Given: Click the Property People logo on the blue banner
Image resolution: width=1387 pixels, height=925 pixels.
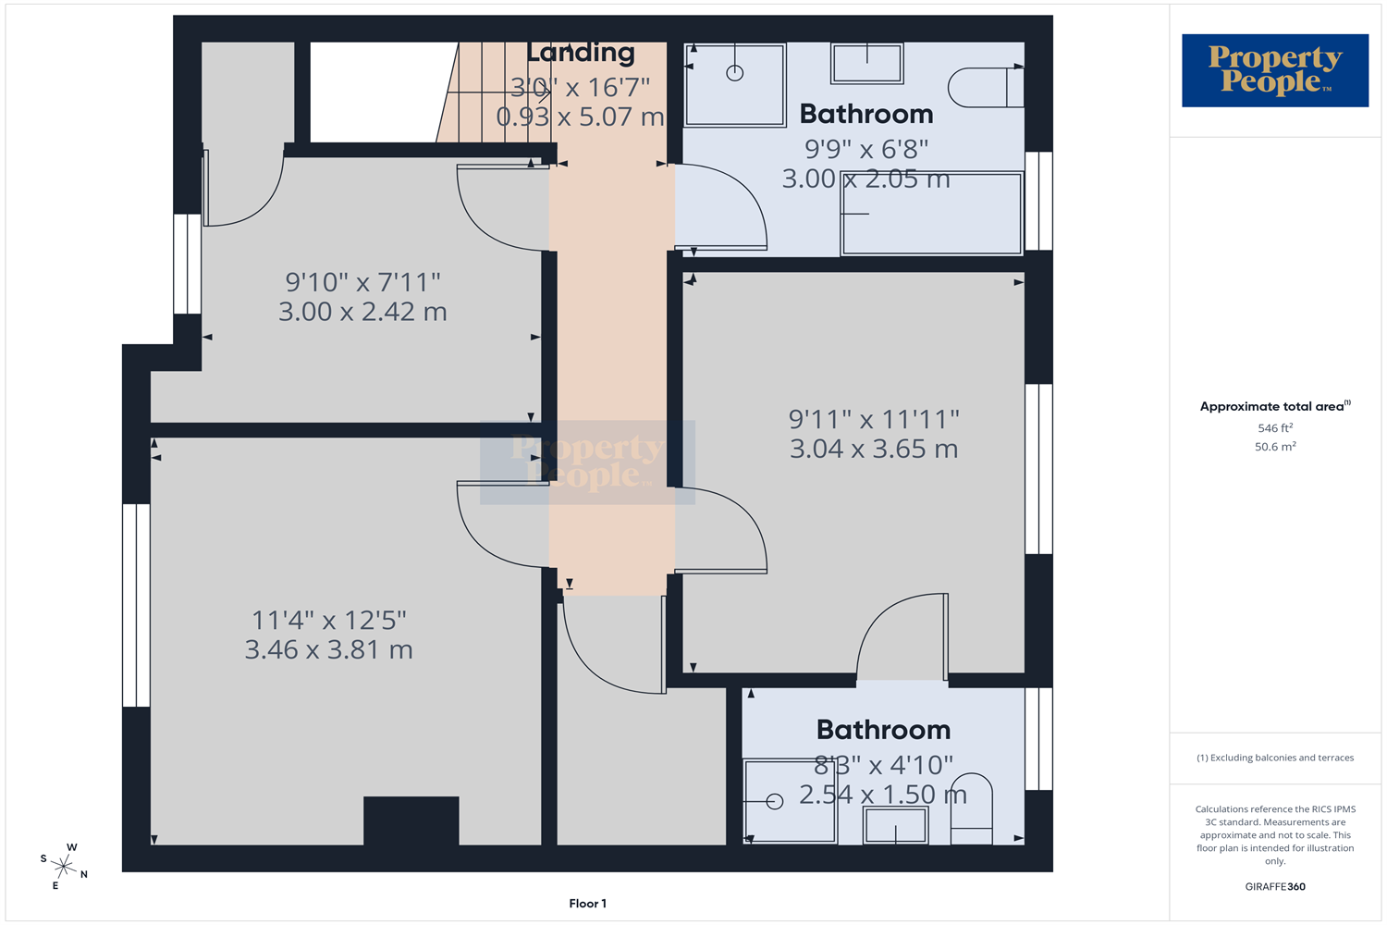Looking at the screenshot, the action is [1275, 70].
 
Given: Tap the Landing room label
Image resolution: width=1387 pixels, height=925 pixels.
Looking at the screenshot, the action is [580, 53].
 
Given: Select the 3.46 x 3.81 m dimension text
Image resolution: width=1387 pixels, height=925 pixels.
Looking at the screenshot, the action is [329, 649].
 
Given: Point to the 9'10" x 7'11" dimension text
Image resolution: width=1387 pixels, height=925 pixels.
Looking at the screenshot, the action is [362, 282].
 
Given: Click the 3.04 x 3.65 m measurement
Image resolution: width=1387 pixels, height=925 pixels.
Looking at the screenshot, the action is [874, 449].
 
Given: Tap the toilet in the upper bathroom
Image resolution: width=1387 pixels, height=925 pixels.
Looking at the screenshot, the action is [986, 87].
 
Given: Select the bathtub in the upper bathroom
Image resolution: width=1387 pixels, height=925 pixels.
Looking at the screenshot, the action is [931, 213].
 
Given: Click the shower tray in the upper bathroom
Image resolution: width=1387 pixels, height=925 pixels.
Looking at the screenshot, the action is [734, 85].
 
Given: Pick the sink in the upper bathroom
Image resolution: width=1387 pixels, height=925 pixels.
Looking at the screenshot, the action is [867, 63].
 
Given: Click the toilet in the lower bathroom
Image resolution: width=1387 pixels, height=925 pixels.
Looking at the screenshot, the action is [972, 808].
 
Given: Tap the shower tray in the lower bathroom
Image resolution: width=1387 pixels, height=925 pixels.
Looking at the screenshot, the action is [790, 802].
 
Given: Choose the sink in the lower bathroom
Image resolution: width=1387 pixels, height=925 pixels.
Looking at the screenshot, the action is [895, 825].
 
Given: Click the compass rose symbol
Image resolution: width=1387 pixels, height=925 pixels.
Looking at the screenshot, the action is [64, 866].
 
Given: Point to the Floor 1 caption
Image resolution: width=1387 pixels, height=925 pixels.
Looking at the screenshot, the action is [587, 904].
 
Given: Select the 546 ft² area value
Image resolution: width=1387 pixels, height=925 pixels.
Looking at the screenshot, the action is [1275, 427].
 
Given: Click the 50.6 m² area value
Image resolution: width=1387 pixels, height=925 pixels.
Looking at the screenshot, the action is [1275, 446].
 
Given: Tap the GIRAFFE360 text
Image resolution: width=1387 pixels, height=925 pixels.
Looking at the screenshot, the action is [1275, 886].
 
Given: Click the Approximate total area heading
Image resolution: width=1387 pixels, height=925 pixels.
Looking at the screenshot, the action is [1275, 406].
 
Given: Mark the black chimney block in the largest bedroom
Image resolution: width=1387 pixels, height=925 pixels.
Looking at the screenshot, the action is [411, 820].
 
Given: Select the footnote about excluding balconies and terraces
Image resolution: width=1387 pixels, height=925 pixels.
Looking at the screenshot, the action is [1275, 758].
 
